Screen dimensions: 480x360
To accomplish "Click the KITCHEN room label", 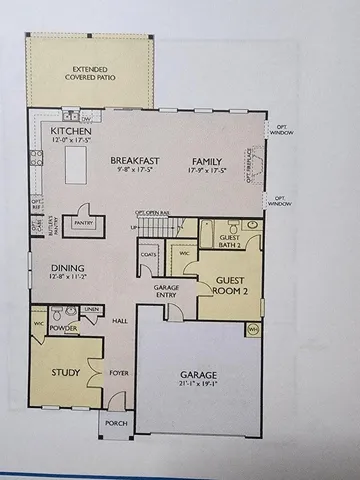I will tap(71, 131).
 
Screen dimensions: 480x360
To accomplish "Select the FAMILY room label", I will tap(207, 159).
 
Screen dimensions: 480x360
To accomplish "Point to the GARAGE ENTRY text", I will tap(167, 290).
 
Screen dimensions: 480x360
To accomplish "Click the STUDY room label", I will tap(65, 373).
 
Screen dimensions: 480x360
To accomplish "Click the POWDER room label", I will tap(64, 327).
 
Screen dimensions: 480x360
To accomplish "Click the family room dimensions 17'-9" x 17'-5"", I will tap(207, 169).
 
